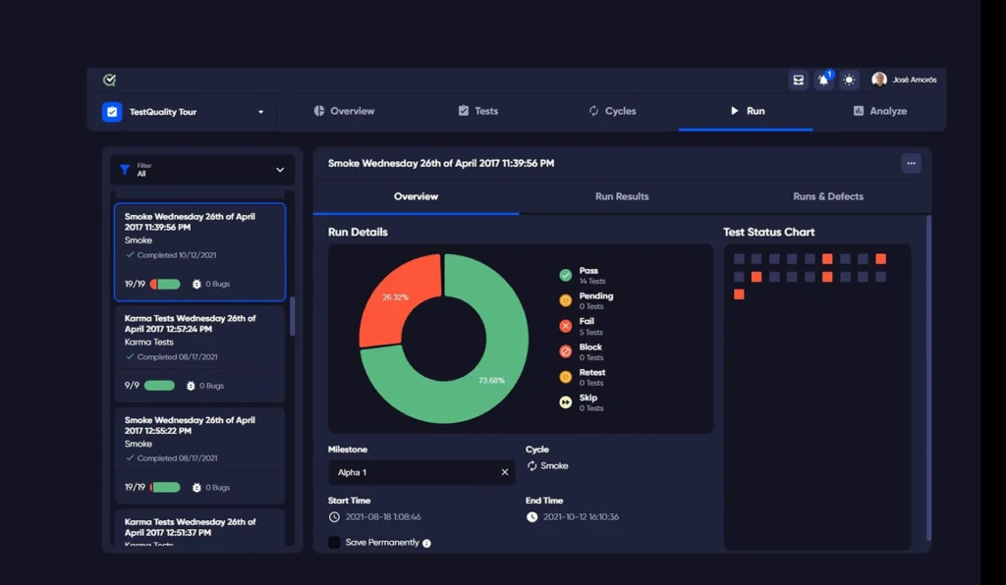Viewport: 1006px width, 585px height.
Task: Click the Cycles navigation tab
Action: (x=612, y=111)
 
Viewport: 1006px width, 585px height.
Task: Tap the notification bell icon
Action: (x=824, y=80)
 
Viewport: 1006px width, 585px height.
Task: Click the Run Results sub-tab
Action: (x=622, y=196)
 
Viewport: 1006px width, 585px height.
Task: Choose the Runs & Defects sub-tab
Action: (x=828, y=196)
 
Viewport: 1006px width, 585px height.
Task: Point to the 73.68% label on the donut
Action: (x=492, y=380)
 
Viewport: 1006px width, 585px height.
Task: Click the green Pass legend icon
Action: (x=566, y=275)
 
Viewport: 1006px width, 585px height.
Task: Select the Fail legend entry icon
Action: (x=566, y=326)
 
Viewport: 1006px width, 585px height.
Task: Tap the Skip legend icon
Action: (x=566, y=402)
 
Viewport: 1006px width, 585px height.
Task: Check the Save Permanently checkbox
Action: (x=335, y=542)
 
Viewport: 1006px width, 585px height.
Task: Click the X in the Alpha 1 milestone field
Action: (x=505, y=472)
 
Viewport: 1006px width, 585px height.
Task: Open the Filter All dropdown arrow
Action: (x=280, y=170)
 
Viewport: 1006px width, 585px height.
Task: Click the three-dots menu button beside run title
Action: (x=911, y=163)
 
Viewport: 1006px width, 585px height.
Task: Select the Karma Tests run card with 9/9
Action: (x=199, y=350)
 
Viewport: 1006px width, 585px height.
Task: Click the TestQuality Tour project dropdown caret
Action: (x=260, y=112)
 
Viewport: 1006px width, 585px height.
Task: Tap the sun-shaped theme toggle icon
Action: (x=849, y=80)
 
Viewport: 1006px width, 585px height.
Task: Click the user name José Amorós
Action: (x=913, y=80)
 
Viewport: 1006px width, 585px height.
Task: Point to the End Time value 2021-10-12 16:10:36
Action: (x=581, y=516)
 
